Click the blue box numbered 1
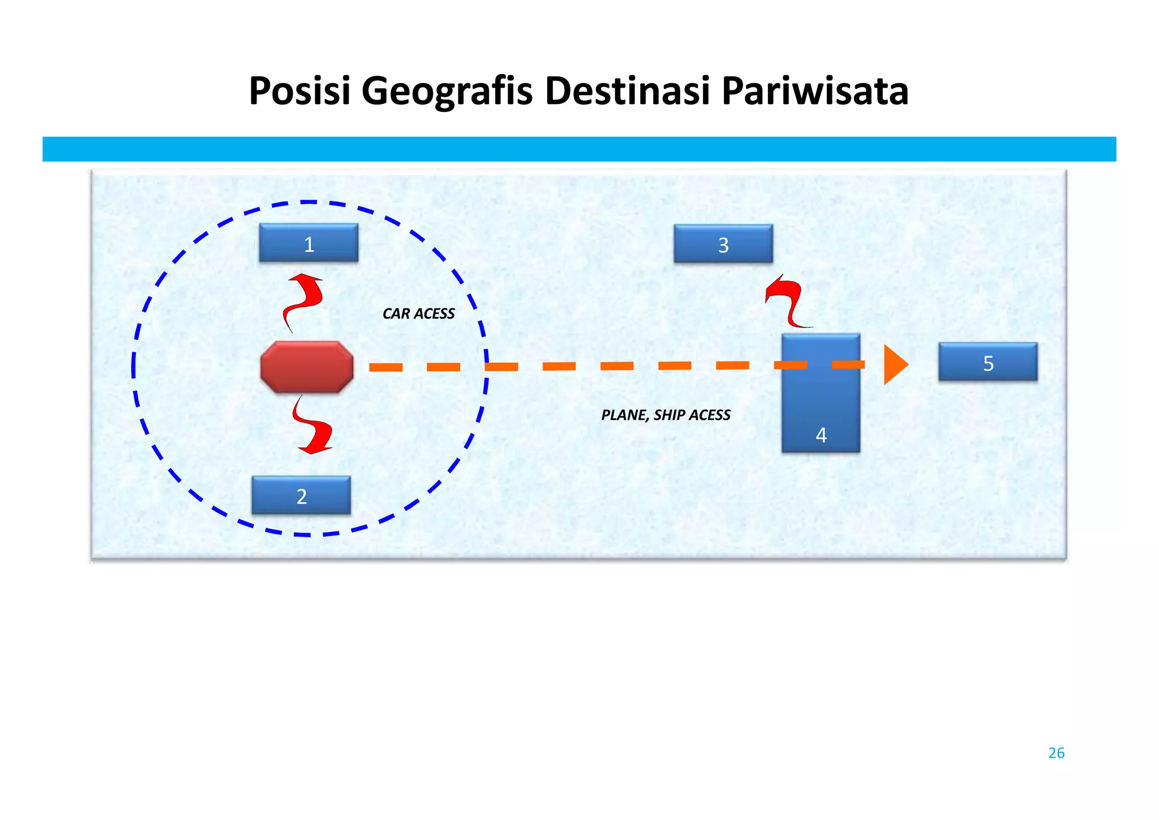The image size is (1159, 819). coord(308,243)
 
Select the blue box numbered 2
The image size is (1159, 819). coord(301,495)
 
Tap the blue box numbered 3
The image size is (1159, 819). coord(723,244)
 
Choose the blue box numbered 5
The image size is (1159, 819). coord(988,362)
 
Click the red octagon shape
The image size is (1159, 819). coord(307,367)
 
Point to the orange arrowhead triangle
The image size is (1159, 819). coord(894,365)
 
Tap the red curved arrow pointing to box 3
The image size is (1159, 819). coord(788,300)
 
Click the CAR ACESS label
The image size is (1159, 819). coord(418,314)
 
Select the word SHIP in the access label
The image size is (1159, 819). coord(668,415)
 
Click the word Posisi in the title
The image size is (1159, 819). coord(300,92)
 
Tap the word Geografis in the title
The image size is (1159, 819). coord(447,92)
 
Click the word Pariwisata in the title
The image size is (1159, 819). coord(815,92)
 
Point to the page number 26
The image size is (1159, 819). coord(1056,753)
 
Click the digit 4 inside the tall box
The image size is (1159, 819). coord(821,435)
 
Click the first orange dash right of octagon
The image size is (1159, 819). coord(386,367)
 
